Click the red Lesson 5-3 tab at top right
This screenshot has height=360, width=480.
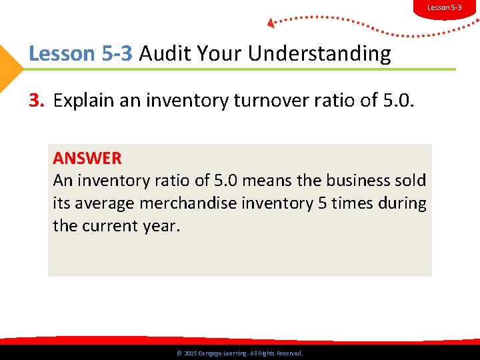(444, 8)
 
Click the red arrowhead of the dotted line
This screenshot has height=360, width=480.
(271, 23)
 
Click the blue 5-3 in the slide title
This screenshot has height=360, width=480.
(117, 53)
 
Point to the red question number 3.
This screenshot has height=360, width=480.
(35, 101)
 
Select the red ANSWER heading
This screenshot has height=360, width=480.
(87, 159)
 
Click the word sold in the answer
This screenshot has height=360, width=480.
(411, 181)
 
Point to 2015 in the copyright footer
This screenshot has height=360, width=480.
(189, 353)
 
